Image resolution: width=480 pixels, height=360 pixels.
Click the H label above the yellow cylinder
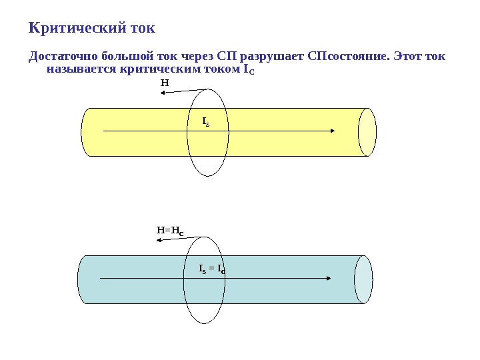165,83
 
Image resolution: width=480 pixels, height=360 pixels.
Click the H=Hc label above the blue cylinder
170,231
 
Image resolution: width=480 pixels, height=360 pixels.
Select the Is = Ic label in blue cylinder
213,269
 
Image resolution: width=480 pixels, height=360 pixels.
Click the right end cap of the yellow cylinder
367,132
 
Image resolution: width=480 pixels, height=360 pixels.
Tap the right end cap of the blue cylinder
363,279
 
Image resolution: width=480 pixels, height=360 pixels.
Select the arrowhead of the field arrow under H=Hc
159,241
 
